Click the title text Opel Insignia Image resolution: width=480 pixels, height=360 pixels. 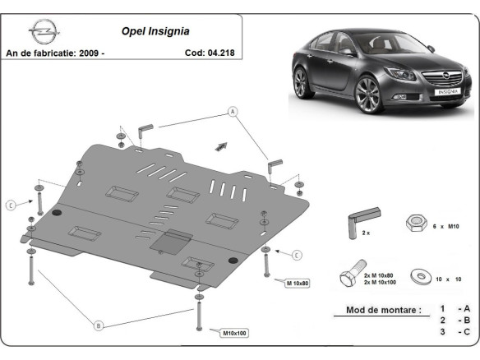click(x=156, y=32)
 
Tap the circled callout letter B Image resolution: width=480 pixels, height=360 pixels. click(x=98, y=325)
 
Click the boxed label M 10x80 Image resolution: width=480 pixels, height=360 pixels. click(x=298, y=283)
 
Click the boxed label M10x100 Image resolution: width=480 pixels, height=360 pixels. click(x=234, y=333)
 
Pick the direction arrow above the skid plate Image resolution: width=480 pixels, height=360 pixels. click(x=220, y=145)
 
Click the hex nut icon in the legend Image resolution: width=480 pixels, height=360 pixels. click(x=415, y=224)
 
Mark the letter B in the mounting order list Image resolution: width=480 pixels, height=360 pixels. click(x=467, y=321)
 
